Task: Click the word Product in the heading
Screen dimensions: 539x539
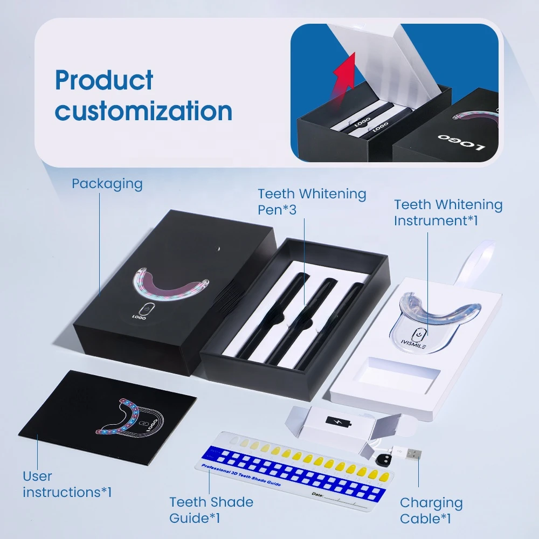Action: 104,81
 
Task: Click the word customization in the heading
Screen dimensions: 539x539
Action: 144,111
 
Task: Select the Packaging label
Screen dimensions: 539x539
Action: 107,184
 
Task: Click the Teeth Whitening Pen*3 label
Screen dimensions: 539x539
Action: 312,202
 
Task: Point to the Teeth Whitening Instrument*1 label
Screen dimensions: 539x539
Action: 448,212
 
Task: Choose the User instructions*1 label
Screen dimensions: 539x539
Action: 67,484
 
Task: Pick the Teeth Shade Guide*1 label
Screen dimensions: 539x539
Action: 211,510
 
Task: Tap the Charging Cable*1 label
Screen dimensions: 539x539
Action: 431,510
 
